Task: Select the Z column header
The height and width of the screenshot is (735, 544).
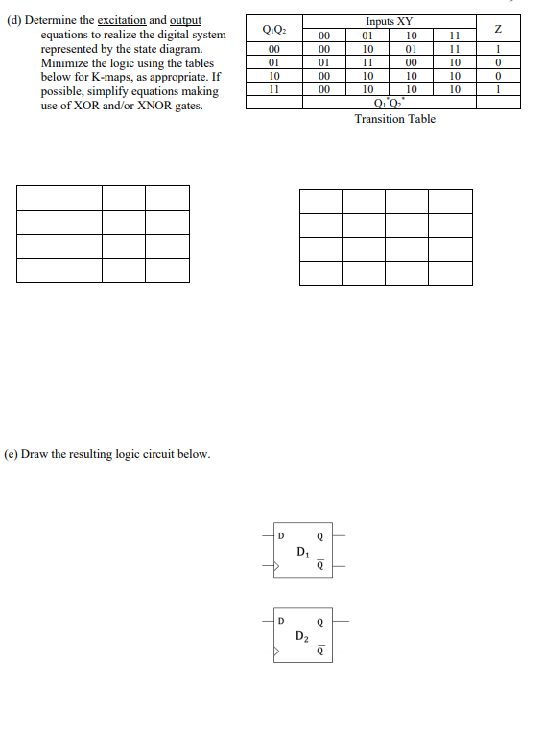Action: (498, 29)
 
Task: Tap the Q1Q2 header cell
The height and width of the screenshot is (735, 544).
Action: (273, 29)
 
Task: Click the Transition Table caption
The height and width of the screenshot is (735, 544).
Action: (394, 119)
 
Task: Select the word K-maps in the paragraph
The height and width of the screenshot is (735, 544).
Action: (96, 77)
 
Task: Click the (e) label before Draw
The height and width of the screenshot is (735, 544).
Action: (12, 453)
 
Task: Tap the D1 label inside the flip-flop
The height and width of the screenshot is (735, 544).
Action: (302, 552)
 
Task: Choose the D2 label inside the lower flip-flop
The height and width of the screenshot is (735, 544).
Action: (302, 636)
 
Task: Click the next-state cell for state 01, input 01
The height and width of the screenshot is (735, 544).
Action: (367, 62)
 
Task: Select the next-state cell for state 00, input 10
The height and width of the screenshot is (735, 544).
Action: (411, 49)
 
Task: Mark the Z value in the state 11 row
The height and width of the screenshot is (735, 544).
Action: (498, 89)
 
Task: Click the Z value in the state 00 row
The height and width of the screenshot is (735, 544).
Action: (498, 49)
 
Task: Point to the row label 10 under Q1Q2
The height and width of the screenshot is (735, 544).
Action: (273, 76)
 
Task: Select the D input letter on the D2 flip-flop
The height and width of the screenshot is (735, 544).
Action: (281, 621)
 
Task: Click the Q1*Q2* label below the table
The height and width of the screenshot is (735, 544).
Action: (391, 103)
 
